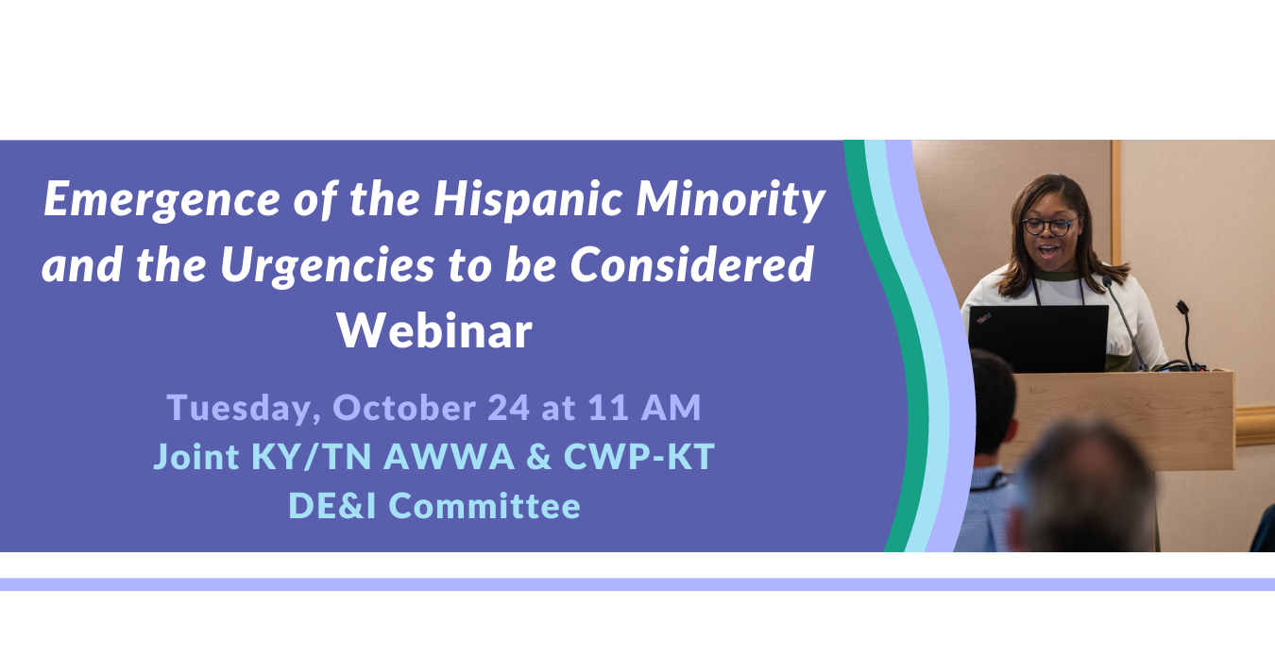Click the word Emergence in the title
(162, 200)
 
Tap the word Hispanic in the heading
(528, 200)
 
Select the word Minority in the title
(730, 200)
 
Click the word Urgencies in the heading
(328, 265)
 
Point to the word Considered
(691, 264)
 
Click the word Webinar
(434, 330)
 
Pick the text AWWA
(450, 456)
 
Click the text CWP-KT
(639, 456)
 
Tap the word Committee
(484, 506)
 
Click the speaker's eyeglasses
(1049, 226)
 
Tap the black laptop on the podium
(1039, 338)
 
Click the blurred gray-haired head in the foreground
(1087, 489)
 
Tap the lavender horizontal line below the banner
(637, 584)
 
